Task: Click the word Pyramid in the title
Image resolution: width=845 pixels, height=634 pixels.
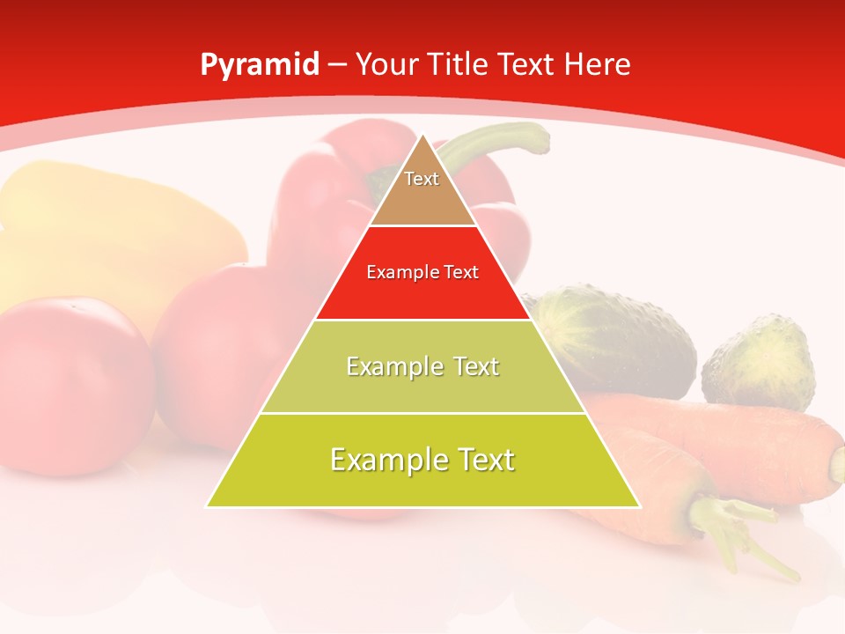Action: [259, 65]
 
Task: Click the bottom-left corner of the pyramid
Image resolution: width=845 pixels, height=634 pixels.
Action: [209, 505]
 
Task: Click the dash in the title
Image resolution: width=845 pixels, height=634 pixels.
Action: [337, 65]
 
